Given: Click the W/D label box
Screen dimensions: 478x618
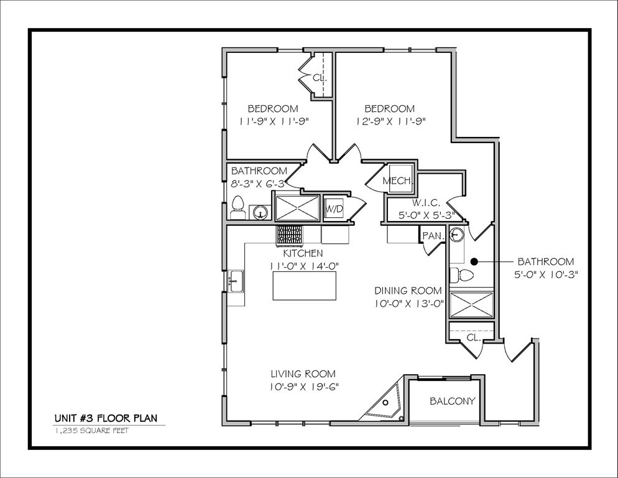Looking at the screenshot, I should [334, 208].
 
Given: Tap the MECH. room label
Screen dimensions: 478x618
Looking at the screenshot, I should [397, 181].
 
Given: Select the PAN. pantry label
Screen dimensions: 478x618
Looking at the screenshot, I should [432, 236].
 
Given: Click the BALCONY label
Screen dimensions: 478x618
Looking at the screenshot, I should [453, 401].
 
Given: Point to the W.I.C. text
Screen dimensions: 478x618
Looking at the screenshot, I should [427, 204].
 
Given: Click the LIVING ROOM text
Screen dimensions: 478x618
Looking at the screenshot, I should [303, 374].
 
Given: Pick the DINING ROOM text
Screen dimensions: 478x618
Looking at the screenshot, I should [408, 291].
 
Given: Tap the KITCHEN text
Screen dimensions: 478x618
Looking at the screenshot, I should [303, 253].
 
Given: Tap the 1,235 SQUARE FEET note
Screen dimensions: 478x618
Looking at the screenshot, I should [91, 430].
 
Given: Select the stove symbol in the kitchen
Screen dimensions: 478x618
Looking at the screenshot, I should [289, 235].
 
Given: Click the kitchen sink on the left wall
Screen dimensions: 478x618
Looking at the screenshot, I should [236, 282].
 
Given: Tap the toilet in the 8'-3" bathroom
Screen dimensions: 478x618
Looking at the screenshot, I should [238, 207].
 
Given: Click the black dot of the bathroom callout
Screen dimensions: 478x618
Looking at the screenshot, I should [473, 261].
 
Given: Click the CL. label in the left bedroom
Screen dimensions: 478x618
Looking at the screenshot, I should [320, 78].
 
